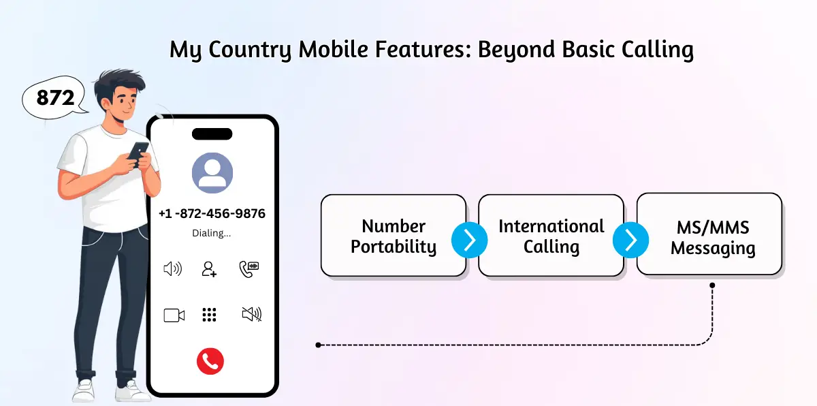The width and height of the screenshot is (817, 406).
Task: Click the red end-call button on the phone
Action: click(x=210, y=361)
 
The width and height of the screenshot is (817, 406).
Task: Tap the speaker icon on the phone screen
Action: click(x=173, y=269)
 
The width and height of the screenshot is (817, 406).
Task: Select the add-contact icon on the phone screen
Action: click(x=209, y=269)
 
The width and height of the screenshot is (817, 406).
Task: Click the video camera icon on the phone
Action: click(x=174, y=315)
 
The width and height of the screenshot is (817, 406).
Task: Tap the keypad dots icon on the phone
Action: click(x=209, y=315)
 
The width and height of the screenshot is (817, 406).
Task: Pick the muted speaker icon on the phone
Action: click(x=251, y=314)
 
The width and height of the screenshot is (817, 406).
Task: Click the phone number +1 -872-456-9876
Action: click(x=212, y=213)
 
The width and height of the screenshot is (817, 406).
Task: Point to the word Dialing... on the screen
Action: click(x=212, y=233)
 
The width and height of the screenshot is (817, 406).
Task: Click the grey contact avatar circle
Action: click(x=212, y=171)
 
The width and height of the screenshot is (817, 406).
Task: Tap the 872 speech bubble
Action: click(x=55, y=98)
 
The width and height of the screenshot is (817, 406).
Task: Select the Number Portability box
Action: click(x=394, y=236)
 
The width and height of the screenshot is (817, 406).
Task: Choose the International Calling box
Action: click(x=551, y=236)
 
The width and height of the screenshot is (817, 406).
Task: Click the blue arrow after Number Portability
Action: click(x=470, y=239)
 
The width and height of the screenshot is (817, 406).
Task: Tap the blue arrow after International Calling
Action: click(x=630, y=239)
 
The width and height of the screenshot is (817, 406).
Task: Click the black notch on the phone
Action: click(x=212, y=134)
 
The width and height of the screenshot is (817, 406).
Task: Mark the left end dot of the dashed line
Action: click(x=318, y=345)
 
